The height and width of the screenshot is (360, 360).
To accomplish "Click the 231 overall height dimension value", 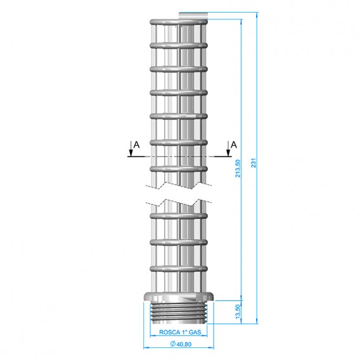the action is (254, 162).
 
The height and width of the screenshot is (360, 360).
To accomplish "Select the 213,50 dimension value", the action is (238, 169).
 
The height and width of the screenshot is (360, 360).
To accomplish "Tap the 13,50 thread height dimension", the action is (238, 311).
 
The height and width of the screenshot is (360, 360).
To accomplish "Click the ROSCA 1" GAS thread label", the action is (180, 332).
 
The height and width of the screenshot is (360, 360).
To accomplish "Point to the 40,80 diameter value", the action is (184, 344).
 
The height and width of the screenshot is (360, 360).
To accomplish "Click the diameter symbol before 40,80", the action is (173, 344).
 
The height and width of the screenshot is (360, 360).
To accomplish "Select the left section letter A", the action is (137, 145).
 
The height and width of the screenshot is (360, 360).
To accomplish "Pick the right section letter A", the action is (233, 145).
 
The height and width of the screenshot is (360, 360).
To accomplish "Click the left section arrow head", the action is (131, 153).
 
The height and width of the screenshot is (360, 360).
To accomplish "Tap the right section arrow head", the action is (228, 153).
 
